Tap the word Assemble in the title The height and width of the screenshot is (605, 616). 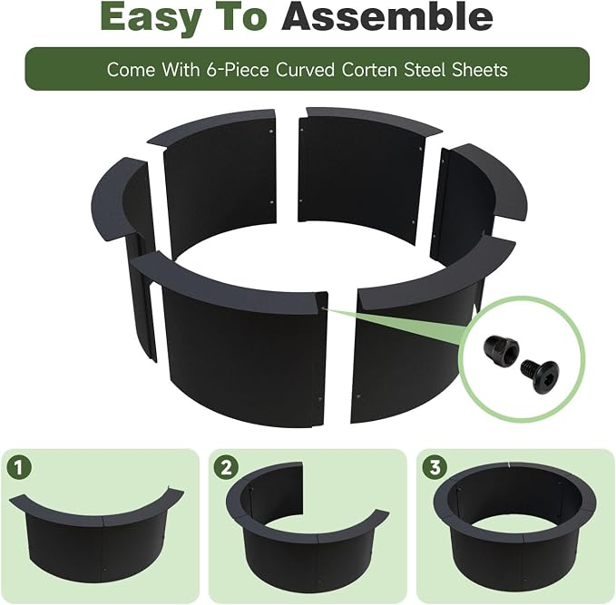click(x=386, y=16)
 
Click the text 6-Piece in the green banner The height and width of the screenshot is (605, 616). click(x=238, y=70)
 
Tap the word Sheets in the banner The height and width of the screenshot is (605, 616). click(x=479, y=70)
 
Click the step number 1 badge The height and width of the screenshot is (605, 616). click(x=19, y=467)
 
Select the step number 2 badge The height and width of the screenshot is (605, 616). click(x=226, y=467)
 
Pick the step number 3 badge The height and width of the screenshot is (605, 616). click(x=435, y=467)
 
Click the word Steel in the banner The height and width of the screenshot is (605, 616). click(x=425, y=70)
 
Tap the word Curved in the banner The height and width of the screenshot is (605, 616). click(x=305, y=70)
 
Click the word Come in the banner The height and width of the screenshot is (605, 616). click(x=131, y=70)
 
